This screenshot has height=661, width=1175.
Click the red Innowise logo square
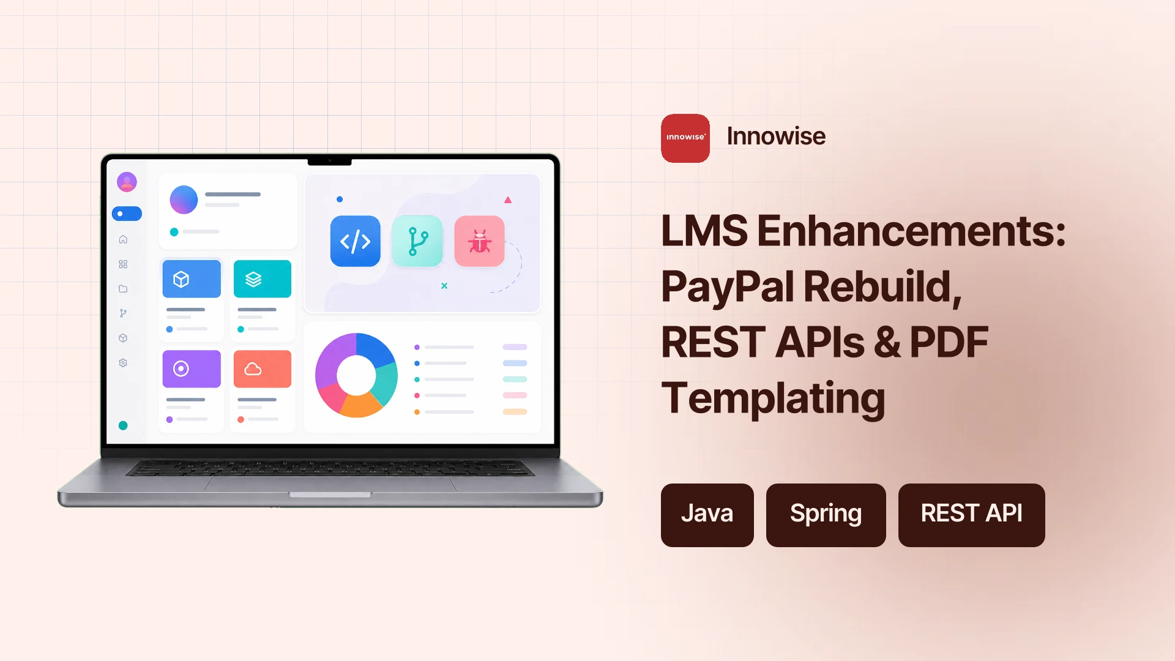[685, 138]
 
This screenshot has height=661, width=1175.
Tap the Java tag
[707, 515]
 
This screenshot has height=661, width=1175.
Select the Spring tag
[826, 515]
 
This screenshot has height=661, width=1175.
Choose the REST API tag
[971, 515]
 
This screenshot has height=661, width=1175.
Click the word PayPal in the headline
[728, 286]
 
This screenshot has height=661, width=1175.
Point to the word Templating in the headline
[773, 398]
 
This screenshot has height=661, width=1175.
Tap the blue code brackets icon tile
[356, 241]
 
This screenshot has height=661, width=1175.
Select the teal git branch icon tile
[417, 241]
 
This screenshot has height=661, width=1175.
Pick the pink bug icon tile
[480, 241]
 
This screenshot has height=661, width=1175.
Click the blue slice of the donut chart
[375, 349]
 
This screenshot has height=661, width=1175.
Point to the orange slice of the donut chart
[361, 405]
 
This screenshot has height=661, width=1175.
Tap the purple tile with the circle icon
[192, 368]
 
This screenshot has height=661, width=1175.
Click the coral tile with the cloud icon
[263, 368]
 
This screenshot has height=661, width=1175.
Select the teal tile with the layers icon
[263, 279]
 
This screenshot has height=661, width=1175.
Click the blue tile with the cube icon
[192, 279]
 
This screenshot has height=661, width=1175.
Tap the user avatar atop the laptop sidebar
[127, 182]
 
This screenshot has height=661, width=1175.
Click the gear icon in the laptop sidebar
[123, 363]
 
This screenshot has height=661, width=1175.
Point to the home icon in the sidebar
[123, 239]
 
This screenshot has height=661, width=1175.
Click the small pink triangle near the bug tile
[508, 200]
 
